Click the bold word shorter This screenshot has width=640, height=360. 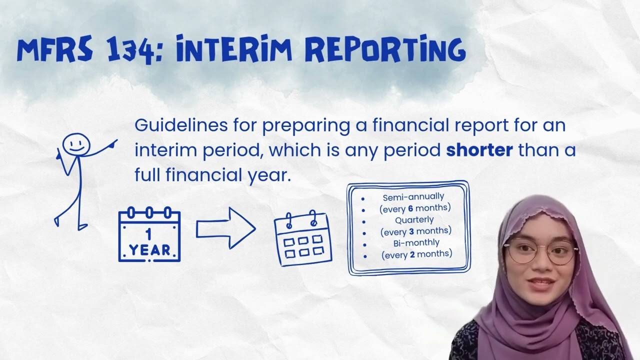click(479, 150)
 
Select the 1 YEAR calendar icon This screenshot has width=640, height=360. click(149, 235)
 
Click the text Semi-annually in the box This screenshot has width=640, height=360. click(413, 197)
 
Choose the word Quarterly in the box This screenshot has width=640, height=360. click(414, 219)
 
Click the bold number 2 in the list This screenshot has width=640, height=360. click(412, 254)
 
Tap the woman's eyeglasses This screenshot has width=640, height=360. click(541, 251)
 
